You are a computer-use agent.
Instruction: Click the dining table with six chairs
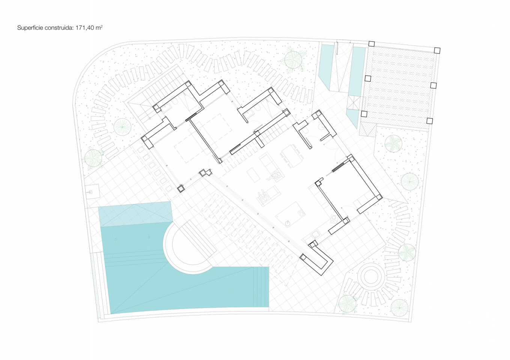(x=292, y=156)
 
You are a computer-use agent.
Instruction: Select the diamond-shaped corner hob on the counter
(x=334, y=219)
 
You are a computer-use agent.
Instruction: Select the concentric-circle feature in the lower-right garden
(x=371, y=276)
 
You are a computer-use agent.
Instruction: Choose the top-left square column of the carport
(x=372, y=44)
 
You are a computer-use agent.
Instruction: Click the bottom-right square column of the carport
(x=429, y=121)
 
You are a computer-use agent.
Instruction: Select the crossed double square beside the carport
(x=354, y=102)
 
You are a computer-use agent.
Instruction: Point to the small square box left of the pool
(x=92, y=192)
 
